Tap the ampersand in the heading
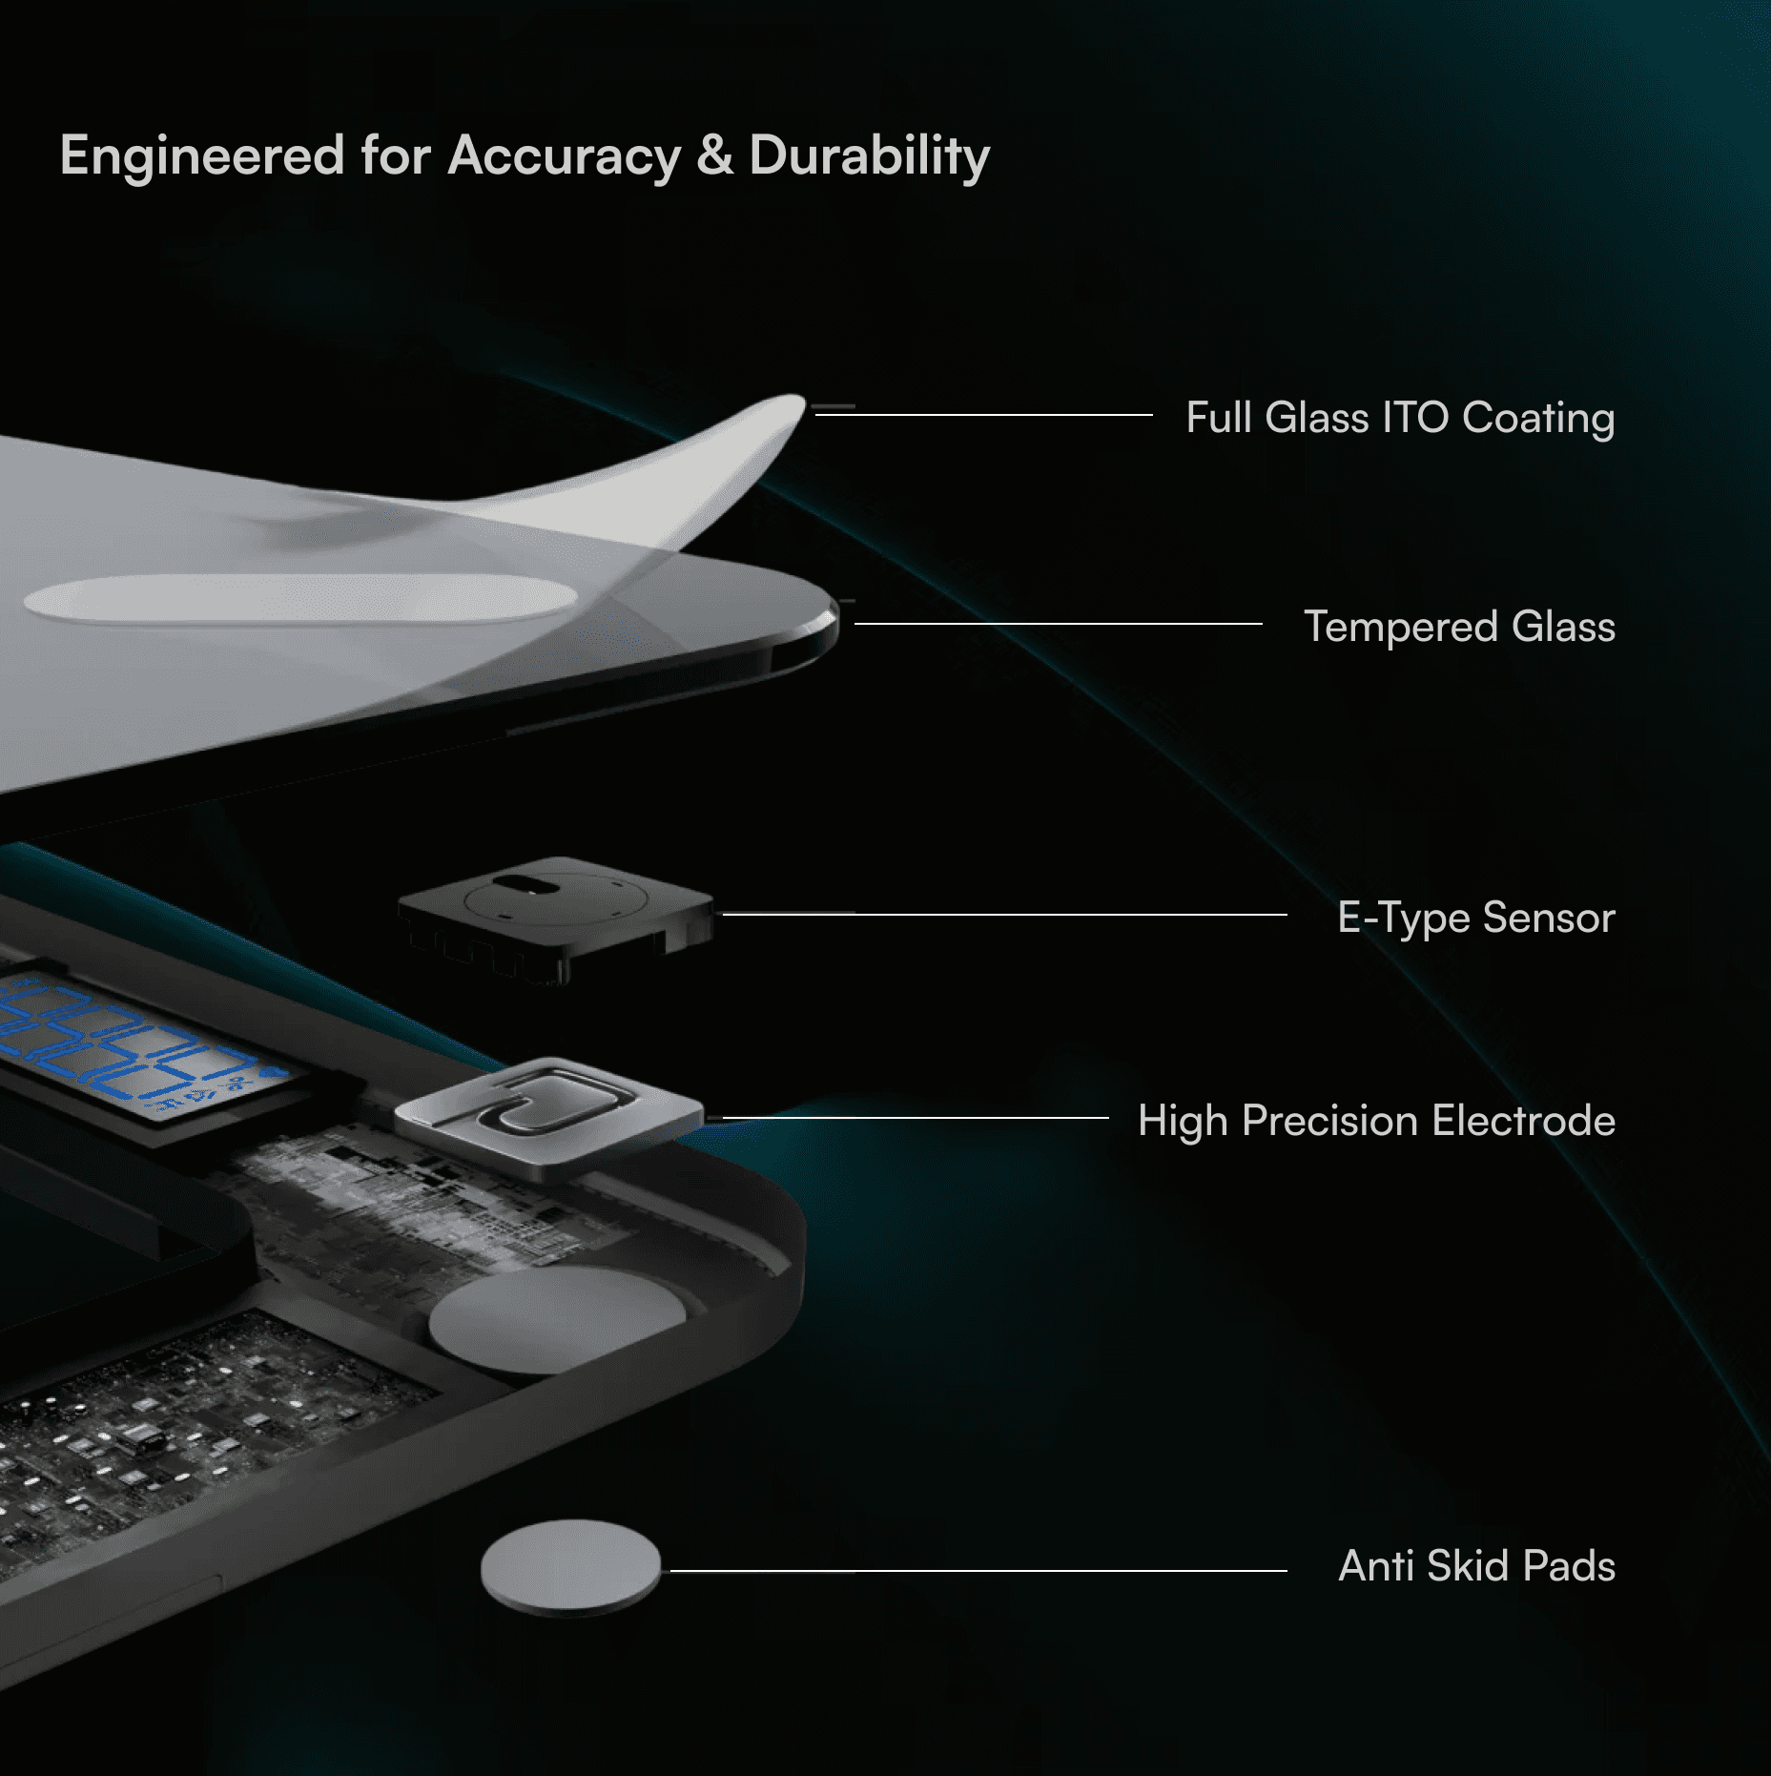714,155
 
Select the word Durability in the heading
869,156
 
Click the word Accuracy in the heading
564,156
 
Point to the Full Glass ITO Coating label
1399,418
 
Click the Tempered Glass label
1458,627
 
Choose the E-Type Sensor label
1475,918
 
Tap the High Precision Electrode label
1375,1121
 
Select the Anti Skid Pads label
1476,1566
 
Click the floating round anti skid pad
570,1566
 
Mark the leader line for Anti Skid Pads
978,1570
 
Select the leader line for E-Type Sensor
1001,914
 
